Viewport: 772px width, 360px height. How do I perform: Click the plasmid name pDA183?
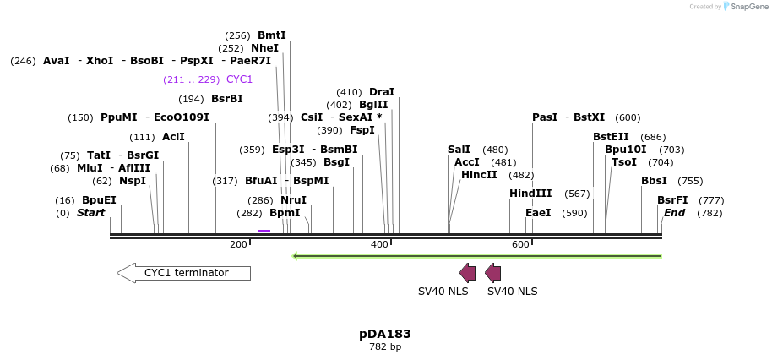point(385,334)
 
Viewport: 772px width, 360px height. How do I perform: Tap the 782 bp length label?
point(385,347)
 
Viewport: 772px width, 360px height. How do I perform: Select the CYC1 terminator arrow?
point(184,273)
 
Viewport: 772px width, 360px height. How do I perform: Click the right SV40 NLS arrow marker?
point(492,272)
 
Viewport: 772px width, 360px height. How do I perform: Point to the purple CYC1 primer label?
point(239,79)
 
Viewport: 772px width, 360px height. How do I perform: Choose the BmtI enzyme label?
point(272,35)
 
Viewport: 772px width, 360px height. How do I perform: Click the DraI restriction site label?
point(382,92)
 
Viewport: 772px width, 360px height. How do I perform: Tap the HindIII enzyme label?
point(530,194)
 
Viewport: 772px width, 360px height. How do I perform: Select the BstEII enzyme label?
point(611,136)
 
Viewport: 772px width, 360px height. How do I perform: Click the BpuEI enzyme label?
point(99,200)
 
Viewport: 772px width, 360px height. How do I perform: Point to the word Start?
point(90,213)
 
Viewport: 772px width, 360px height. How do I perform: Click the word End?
point(674,213)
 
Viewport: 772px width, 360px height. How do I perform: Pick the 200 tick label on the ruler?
point(238,244)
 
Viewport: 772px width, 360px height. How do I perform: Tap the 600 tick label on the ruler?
point(519,244)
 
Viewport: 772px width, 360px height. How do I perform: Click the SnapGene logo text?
point(746,7)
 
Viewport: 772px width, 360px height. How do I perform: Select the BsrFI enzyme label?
point(672,200)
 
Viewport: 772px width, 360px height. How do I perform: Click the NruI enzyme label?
point(293,200)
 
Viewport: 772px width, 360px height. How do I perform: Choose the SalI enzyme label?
point(459,150)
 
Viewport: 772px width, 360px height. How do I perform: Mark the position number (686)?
point(653,137)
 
